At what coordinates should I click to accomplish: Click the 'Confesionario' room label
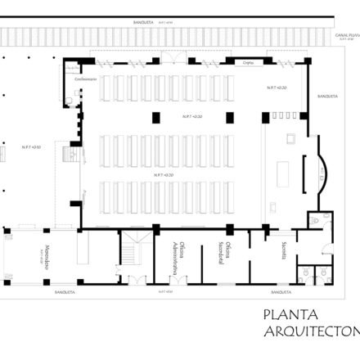pos(87,79)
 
